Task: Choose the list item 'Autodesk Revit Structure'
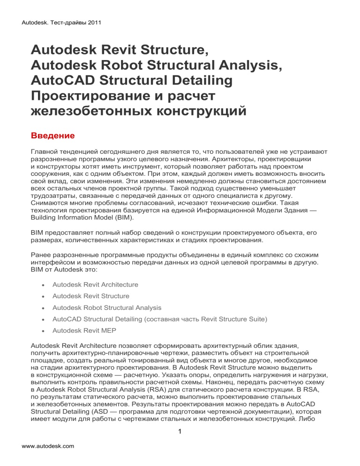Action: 91,296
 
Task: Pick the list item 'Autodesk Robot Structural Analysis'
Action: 107,308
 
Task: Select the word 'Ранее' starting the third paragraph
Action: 40,255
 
